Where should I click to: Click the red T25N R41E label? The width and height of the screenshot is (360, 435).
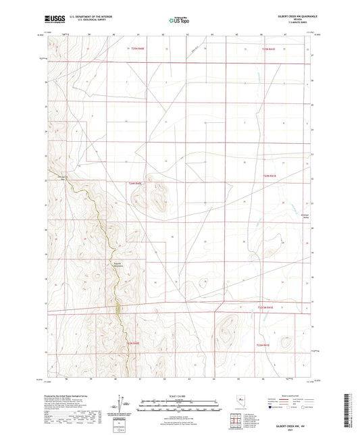coord(269,49)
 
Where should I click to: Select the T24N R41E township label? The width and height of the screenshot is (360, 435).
coord(270,176)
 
